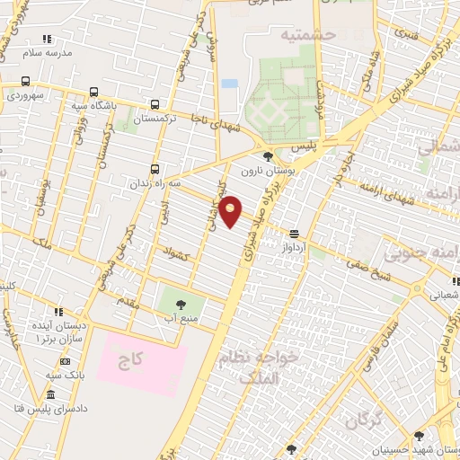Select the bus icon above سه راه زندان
155,168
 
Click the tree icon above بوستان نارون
267,156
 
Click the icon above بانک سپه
49,361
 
